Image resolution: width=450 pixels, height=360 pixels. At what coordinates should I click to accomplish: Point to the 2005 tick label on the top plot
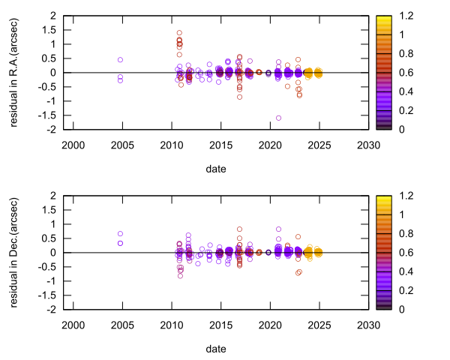coord(122,144)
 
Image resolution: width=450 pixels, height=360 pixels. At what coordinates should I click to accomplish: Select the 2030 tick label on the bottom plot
coord(367,324)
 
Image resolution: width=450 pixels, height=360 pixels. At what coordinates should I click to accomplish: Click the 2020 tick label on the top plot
coord(269,144)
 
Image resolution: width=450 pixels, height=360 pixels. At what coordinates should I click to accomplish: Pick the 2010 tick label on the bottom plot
coord(172,324)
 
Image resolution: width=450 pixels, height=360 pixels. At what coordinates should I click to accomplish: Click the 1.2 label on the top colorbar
coord(405,15)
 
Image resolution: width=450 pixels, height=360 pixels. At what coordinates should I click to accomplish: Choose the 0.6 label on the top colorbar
coord(405,72)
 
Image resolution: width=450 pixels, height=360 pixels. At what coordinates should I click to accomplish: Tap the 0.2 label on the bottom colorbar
coord(405,290)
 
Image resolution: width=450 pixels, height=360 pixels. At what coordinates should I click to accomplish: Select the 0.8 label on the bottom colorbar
coord(405,233)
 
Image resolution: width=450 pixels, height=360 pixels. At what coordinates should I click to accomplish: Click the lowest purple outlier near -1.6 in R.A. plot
coord(278,118)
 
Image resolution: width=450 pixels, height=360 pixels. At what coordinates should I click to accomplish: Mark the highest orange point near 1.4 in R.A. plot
coord(179,33)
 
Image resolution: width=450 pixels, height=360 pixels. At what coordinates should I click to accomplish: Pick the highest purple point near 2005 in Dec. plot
coord(120,234)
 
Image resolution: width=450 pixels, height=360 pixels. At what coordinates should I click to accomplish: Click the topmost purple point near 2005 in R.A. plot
coord(120,60)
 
